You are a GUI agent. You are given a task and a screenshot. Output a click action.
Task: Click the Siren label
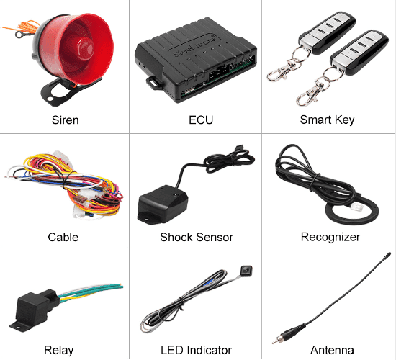[x=65, y=120]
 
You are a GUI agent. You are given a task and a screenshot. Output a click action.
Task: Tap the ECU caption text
[x=201, y=120]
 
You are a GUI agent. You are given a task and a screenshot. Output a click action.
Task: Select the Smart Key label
[x=327, y=120]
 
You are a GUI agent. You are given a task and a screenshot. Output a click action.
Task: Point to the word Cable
[x=63, y=237]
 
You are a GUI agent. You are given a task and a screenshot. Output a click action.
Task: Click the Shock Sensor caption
[x=197, y=237]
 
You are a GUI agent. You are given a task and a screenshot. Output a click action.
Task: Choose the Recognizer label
[x=330, y=237]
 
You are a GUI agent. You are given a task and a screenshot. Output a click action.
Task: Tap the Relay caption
[x=58, y=351]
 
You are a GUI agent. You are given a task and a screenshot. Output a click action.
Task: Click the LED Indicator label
[x=196, y=351]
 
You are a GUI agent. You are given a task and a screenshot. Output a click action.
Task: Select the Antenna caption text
[x=332, y=351]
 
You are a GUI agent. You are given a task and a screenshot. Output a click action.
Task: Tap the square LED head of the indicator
[x=246, y=271]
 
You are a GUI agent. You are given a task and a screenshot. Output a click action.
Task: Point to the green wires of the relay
[x=91, y=291]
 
